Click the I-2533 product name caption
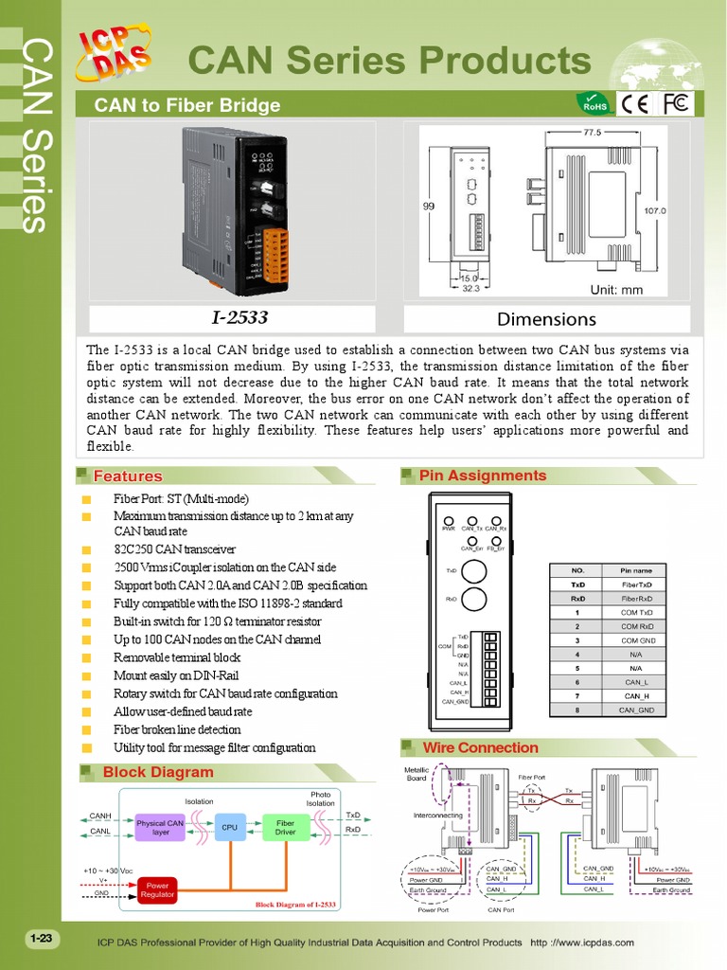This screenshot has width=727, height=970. click(233, 318)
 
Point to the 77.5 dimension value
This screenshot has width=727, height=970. click(592, 133)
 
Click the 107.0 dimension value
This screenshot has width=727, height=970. click(654, 211)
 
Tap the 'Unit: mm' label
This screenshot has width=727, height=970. click(616, 290)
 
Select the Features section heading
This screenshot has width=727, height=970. click(128, 476)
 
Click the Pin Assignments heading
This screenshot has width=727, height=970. click(483, 476)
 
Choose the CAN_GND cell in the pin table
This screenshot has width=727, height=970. click(636, 710)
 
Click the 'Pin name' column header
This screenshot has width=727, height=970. click(636, 570)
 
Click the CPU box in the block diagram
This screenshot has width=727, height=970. click(229, 828)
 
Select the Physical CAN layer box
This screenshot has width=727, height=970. click(160, 828)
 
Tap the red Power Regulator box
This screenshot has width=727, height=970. click(157, 890)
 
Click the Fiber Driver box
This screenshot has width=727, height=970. click(285, 828)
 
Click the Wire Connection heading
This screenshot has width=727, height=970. click(480, 748)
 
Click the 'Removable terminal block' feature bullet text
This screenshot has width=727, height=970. click(177, 657)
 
